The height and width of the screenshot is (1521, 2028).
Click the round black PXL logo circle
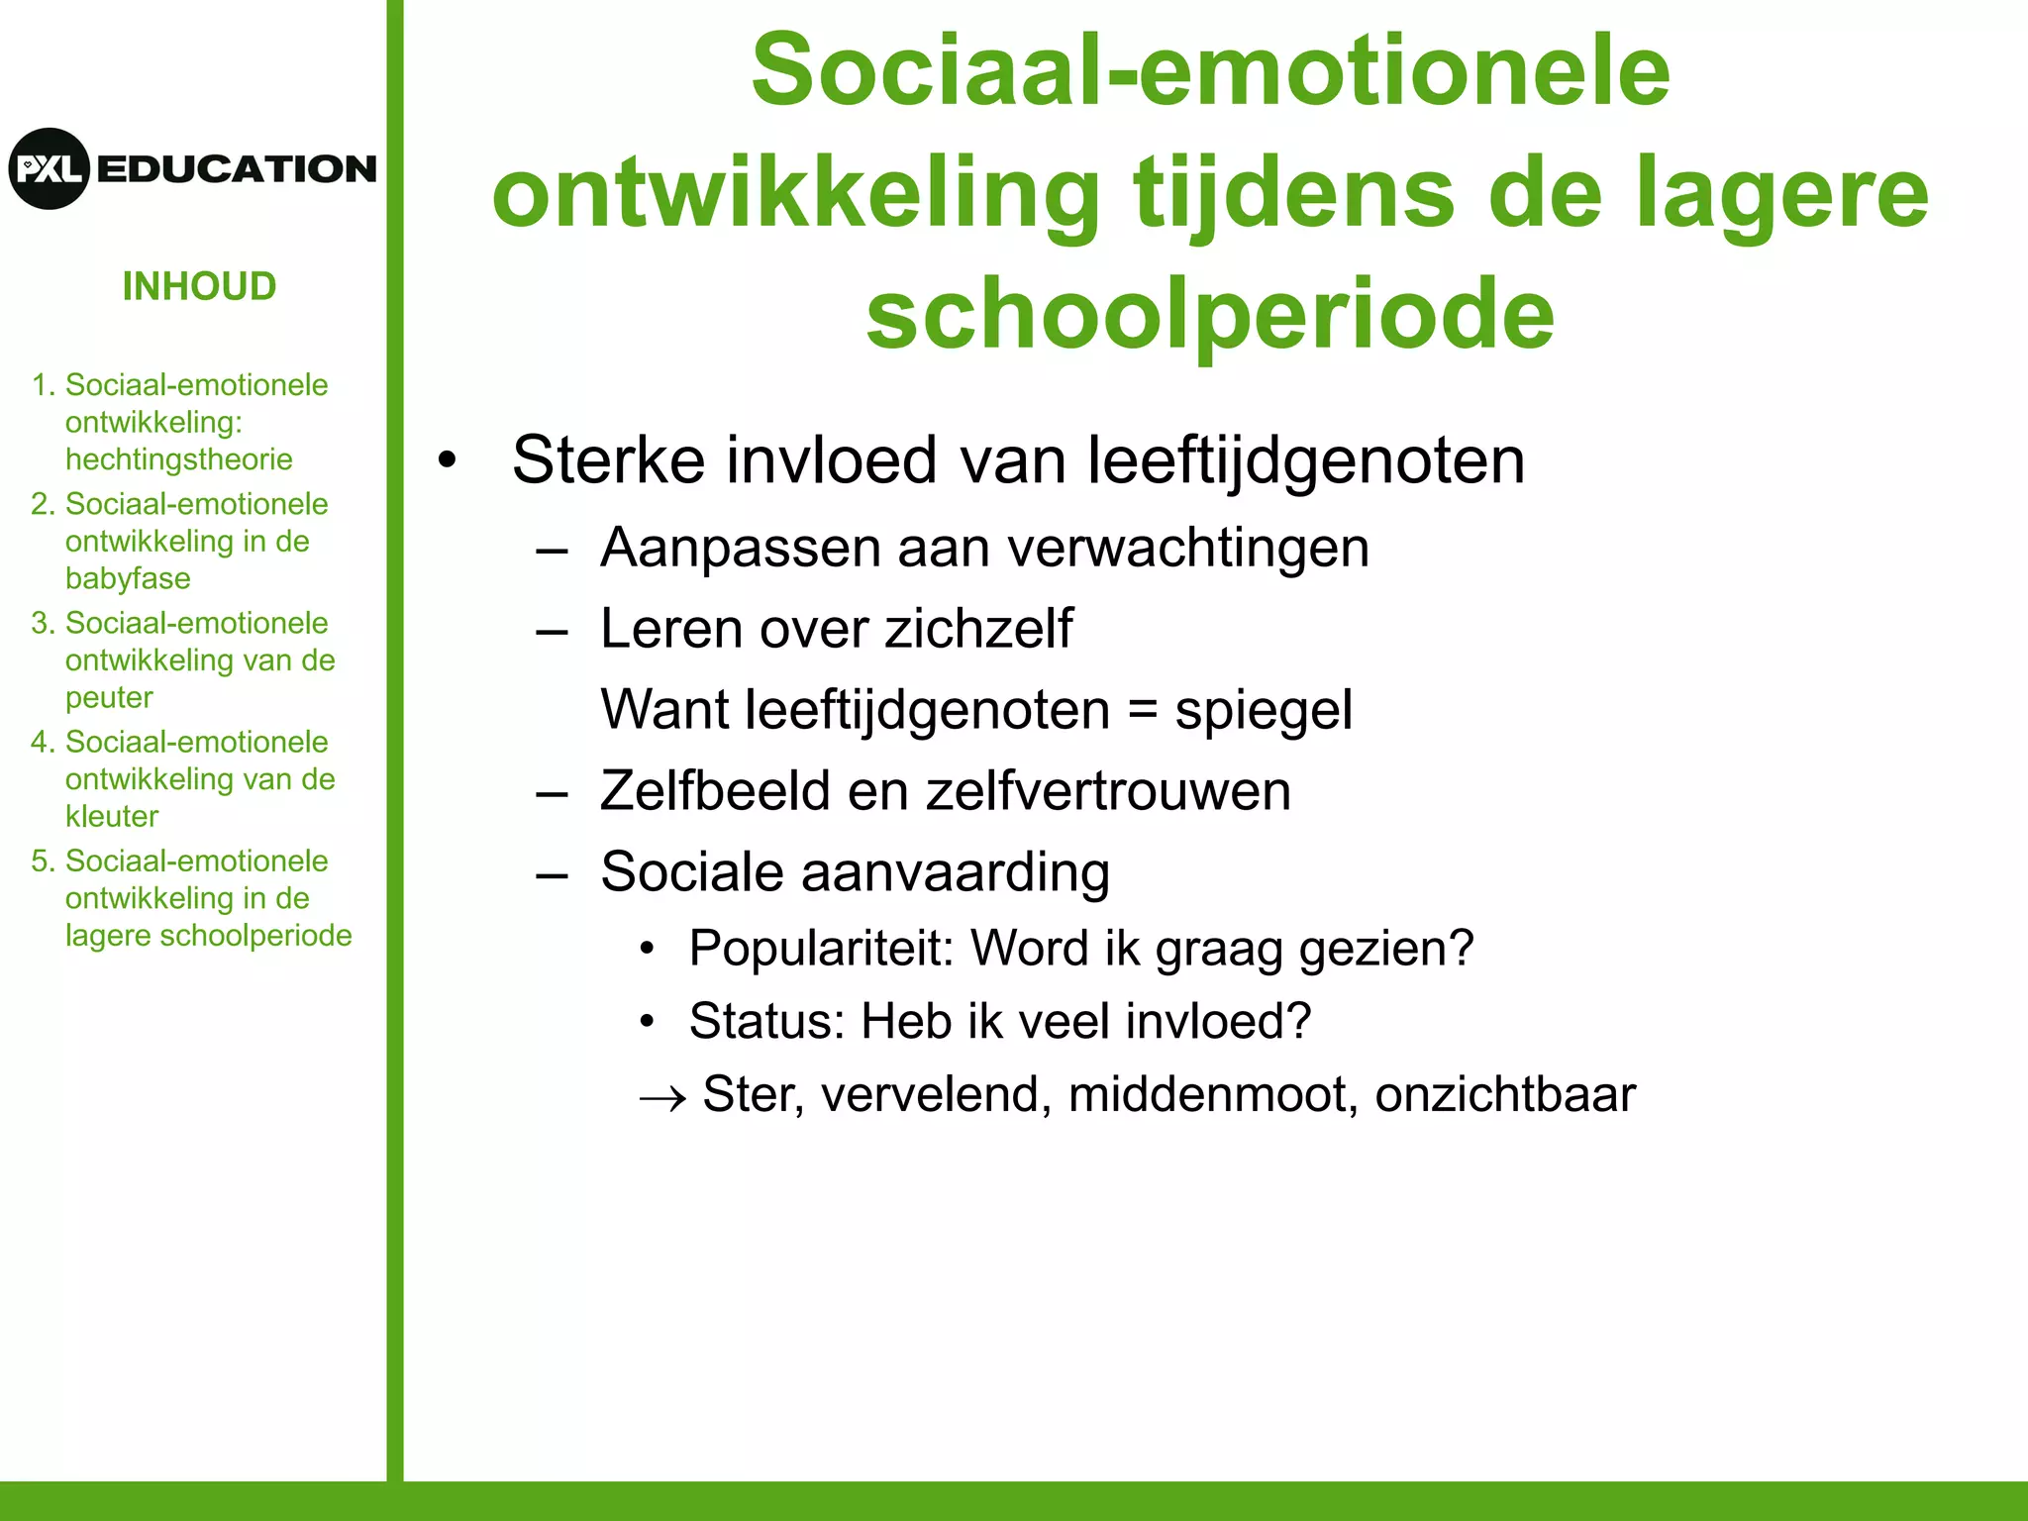(49, 168)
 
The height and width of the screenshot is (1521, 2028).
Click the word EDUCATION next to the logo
(237, 169)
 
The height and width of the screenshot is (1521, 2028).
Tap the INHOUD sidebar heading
(199, 287)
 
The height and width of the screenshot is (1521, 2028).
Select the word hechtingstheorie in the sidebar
(178, 459)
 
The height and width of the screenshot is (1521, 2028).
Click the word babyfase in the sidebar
(128, 578)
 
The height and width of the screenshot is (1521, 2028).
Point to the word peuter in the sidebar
(109, 697)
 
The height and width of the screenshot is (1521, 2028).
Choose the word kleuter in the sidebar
(112, 816)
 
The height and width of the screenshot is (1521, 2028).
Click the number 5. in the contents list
(43, 861)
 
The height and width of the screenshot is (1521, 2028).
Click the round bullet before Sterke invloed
(449, 461)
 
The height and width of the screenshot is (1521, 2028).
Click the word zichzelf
(977, 629)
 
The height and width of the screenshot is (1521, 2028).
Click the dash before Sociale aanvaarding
(552, 874)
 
